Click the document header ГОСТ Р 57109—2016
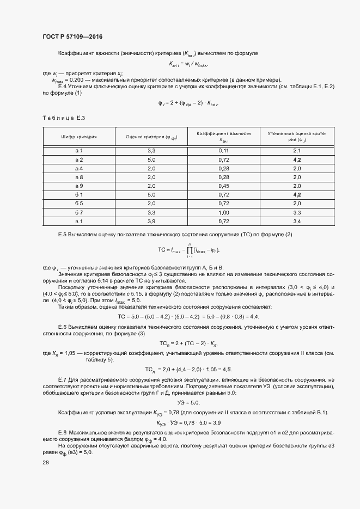tap(72, 36)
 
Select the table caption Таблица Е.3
tap(64, 118)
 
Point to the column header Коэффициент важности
tap(223, 133)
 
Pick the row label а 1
tap(78, 150)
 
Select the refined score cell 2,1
tap(297, 150)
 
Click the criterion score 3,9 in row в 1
tap(151, 222)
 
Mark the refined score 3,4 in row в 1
tap(297, 222)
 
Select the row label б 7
tap(78, 213)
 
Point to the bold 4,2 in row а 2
tap(297, 160)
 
